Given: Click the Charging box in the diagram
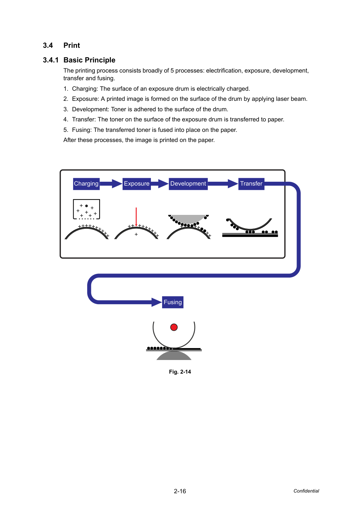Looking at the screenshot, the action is [x=86, y=184].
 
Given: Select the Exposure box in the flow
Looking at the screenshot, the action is [x=137, y=184].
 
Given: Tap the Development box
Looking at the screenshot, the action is [x=188, y=184].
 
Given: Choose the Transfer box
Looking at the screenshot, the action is [x=251, y=184].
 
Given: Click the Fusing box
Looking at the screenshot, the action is [x=173, y=302].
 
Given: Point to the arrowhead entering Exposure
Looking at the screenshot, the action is [x=117, y=184].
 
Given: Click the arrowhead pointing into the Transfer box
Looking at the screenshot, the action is [x=233, y=184].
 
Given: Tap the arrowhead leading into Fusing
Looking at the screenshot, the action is [x=157, y=302].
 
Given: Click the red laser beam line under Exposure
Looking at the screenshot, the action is [x=136, y=217].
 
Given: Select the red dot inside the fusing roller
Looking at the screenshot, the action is [x=174, y=327].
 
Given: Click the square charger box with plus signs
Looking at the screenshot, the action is [x=86, y=209].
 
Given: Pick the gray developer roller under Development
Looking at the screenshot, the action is [x=188, y=219].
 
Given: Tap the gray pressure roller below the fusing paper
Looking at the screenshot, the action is [x=174, y=355].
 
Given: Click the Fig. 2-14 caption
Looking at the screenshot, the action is [x=180, y=372].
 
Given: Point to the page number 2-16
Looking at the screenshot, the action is [x=180, y=491].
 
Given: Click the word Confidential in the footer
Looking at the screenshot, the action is [x=306, y=491].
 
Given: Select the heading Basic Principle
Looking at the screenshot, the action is [x=89, y=60].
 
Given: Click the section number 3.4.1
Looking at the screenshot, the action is [x=51, y=60].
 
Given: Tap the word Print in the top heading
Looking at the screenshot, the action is [x=72, y=45].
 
